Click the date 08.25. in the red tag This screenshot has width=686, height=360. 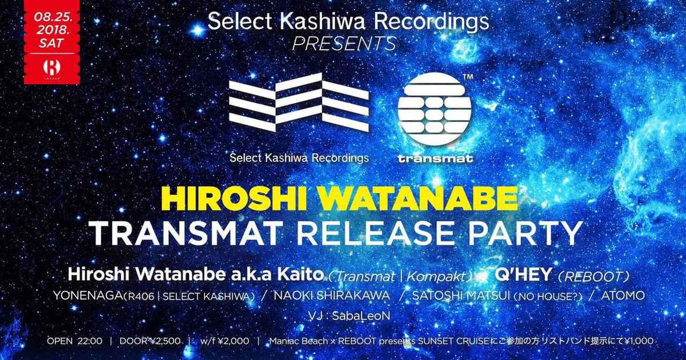[x=53, y=17]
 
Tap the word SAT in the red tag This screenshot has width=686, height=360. [x=51, y=43]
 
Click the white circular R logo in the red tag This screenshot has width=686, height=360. [x=52, y=67]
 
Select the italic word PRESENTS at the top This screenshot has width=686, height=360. [x=345, y=44]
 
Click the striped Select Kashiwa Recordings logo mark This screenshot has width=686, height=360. [x=299, y=102]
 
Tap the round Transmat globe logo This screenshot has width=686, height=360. [x=435, y=109]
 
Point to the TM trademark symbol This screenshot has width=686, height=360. [x=468, y=77]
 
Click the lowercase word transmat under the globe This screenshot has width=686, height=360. [x=435, y=159]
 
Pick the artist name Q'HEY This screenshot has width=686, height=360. [x=523, y=274]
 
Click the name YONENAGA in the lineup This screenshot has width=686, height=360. [x=88, y=296]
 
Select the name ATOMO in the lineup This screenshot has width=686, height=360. [x=623, y=296]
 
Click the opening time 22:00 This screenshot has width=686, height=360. [x=90, y=341]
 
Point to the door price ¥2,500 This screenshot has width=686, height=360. [x=164, y=341]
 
